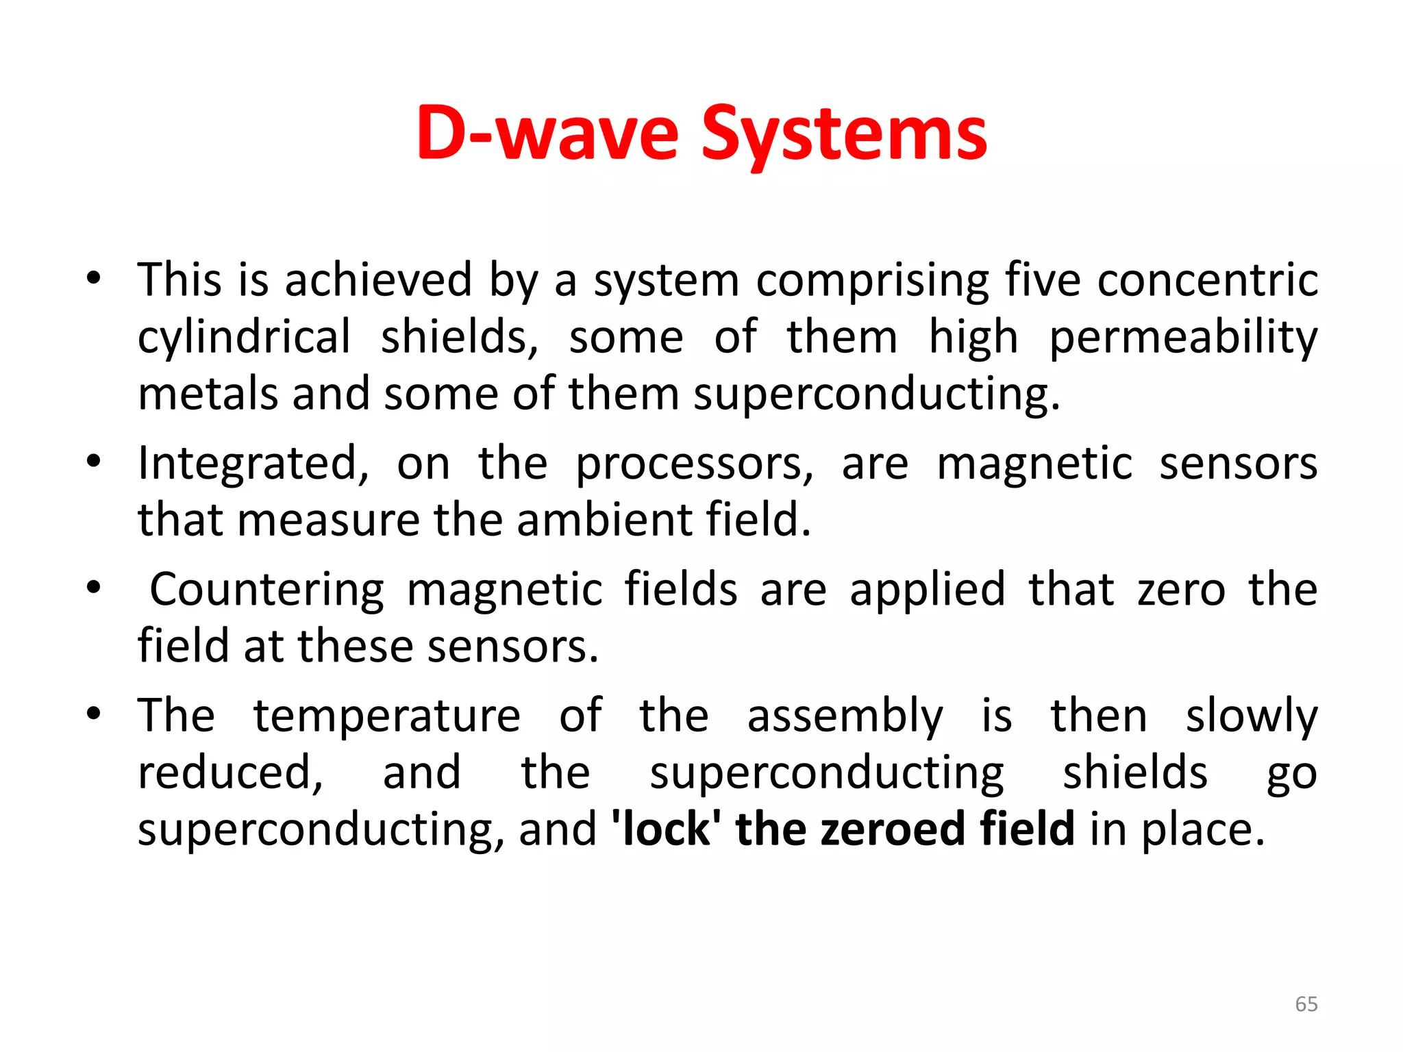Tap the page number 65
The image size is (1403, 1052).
(1306, 1004)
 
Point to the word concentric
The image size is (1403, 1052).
(1208, 280)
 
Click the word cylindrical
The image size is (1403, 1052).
(244, 338)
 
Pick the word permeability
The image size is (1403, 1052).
(1183, 338)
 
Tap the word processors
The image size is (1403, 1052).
(693, 464)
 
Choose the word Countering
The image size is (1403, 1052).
(266, 590)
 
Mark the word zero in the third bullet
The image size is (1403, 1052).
(1181, 590)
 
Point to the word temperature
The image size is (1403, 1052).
(387, 716)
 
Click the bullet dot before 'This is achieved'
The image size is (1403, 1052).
(94, 279)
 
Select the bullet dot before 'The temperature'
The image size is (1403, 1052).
(94, 713)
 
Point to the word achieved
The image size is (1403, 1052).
(378, 280)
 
